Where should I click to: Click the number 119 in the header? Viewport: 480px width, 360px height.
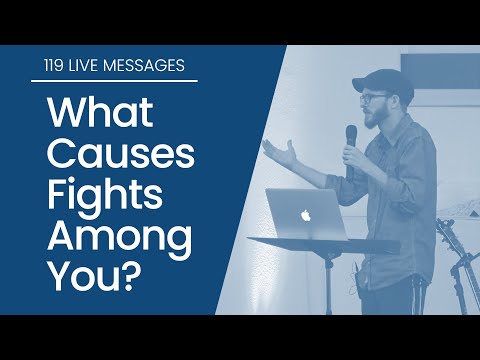(x=42, y=67)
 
